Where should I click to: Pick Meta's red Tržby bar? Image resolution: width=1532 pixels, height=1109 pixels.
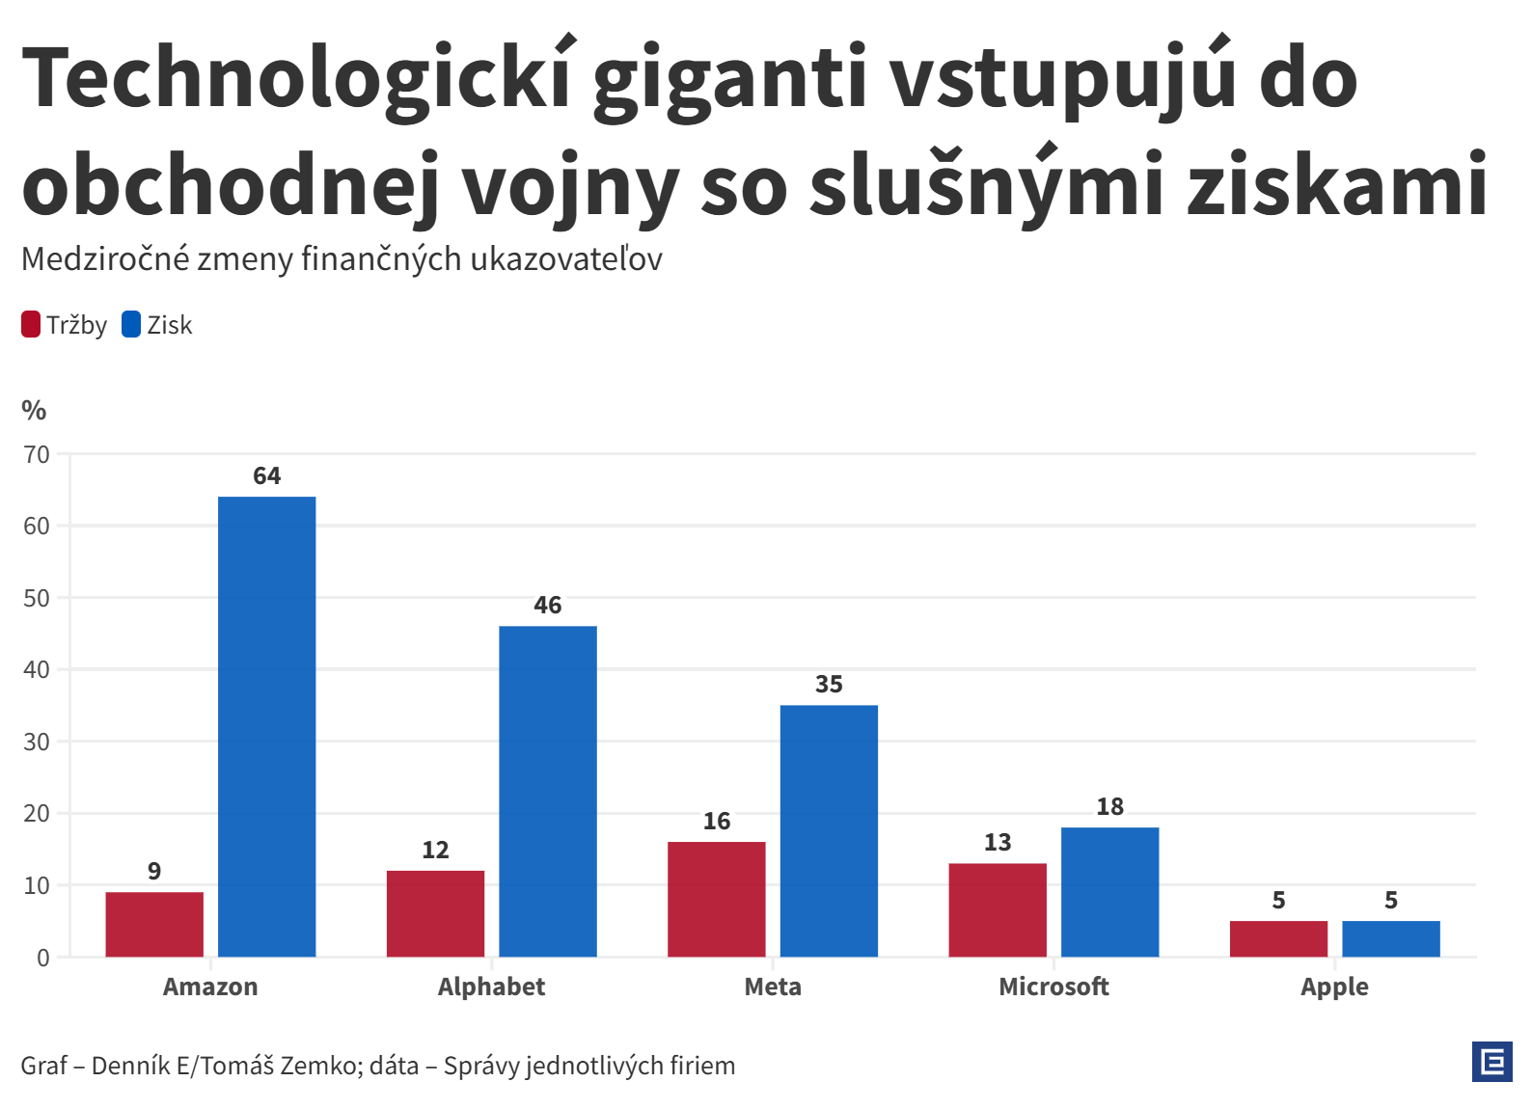tap(717, 899)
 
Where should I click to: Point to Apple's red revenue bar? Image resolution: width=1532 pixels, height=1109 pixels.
tap(1278, 938)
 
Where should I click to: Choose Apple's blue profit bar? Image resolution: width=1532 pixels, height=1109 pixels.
tap(1391, 938)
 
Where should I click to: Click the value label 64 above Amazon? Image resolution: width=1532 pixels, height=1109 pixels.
tap(267, 475)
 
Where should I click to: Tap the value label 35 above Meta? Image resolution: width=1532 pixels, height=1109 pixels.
tap(829, 684)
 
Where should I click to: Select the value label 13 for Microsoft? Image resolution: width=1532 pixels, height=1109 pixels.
tap(998, 842)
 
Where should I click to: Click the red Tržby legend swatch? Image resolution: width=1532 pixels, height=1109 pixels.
tap(31, 325)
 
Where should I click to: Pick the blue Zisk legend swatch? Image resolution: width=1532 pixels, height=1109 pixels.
tap(131, 325)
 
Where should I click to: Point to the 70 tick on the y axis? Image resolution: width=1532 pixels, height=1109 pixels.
tap(37, 454)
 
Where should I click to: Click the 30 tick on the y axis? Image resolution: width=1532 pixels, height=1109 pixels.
tap(37, 742)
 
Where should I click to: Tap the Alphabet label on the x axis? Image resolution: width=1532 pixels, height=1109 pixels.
tap(491, 987)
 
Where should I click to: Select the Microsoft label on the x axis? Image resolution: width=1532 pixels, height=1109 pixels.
tap(1053, 987)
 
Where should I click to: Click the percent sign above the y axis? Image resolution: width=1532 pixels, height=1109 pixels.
tap(34, 411)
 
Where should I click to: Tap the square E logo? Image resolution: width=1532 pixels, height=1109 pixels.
tap(1492, 1062)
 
